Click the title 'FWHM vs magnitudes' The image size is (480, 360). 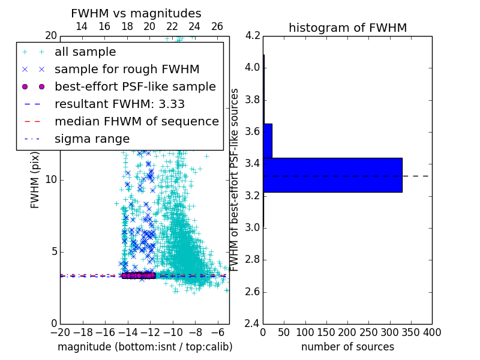pyautogui.click(x=136, y=13)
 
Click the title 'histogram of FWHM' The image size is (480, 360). pyautogui.click(x=347, y=28)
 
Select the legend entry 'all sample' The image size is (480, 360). pyautogui.click(x=85, y=52)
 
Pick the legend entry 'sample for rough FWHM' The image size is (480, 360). pyautogui.click(x=127, y=69)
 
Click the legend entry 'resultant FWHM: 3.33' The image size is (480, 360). pyautogui.click(x=119, y=104)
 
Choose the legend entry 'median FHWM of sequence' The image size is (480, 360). pyautogui.click(x=136, y=121)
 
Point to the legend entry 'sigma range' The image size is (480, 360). pyautogui.click(x=92, y=139)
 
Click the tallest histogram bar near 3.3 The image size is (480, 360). pyautogui.click(x=332, y=175)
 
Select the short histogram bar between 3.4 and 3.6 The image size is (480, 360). pyautogui.click(x=268, y=140)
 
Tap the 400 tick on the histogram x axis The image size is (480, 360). pyautogui.click(x=432, y=332)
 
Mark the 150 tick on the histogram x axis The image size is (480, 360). pyautogui.click(x=326, y=332)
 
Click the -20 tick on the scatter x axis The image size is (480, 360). pyautogui.click(x=60, y=332)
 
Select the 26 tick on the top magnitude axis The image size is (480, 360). pyautogui.click(x=217, y=26)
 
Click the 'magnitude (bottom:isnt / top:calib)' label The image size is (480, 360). pyautogui.click(x=145, y=347)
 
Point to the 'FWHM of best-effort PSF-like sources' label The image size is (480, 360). pyautogui.click(x=235, y=179)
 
